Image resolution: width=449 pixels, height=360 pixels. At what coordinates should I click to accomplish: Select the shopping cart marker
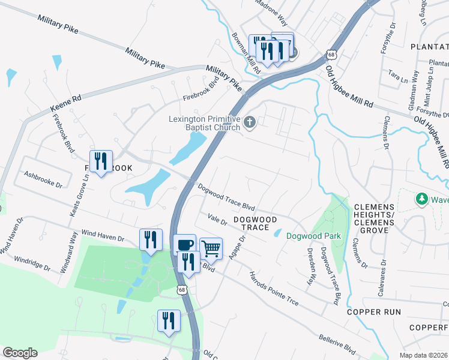[x=211, y=248]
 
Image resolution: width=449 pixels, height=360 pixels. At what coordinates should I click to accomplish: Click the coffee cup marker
[x=185, y=244]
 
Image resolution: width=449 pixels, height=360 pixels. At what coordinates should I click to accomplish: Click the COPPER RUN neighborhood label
[x=373, y=313]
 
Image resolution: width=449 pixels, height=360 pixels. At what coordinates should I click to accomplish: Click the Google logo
[x=20, y=353]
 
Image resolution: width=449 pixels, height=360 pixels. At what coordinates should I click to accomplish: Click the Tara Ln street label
[x=394, y=76]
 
